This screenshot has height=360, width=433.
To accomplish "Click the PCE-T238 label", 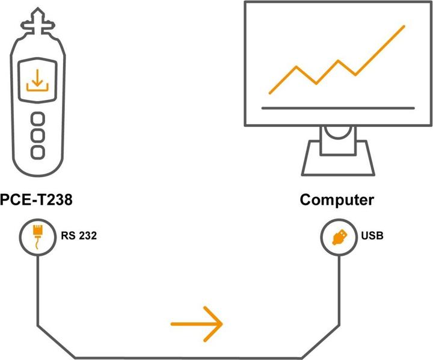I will click(36, 200).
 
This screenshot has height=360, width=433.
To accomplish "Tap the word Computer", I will click(337, 200).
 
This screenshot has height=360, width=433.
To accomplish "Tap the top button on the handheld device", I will click(37, 118).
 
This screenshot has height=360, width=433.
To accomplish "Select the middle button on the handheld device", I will click(37, 135).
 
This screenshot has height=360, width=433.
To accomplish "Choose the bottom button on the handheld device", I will click(37, 152).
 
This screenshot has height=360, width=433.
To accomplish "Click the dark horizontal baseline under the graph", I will click(338, 108).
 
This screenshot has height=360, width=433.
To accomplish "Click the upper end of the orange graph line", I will click(404, 26).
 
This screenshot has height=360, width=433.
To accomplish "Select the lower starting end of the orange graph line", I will click(270, 93).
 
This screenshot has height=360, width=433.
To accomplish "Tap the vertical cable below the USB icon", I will click(339, 289).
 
